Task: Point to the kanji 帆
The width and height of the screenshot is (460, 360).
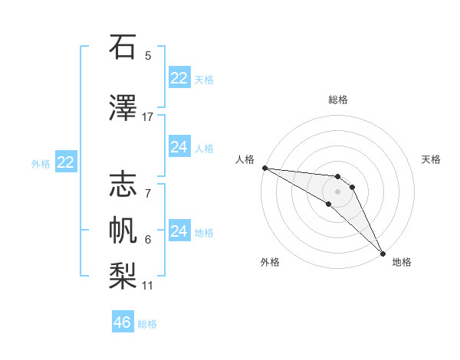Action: (123, 231)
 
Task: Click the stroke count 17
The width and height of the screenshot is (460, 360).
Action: (148, 116)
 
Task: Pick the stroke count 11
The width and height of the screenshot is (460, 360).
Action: (148, 286)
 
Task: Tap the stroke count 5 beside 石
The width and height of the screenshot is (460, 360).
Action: (148, 55)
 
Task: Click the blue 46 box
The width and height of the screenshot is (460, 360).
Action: (122, 322)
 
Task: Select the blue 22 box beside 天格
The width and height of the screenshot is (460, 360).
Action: (179, 78)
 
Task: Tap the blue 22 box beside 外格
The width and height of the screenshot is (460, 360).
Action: (66, 162)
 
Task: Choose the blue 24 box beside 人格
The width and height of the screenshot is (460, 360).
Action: (179, 147)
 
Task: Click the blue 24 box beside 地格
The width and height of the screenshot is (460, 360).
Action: (179, 231)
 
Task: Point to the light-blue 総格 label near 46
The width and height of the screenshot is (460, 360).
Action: (147, 324)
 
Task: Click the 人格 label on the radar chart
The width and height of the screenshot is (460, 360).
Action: (245, 159)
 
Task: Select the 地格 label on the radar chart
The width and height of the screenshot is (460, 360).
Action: (402, 262)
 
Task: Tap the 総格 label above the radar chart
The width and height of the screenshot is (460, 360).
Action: (338, 100)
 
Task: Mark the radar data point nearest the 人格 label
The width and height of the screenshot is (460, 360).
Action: (264, 168)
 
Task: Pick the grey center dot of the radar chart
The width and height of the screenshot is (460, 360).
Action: (338, 191)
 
